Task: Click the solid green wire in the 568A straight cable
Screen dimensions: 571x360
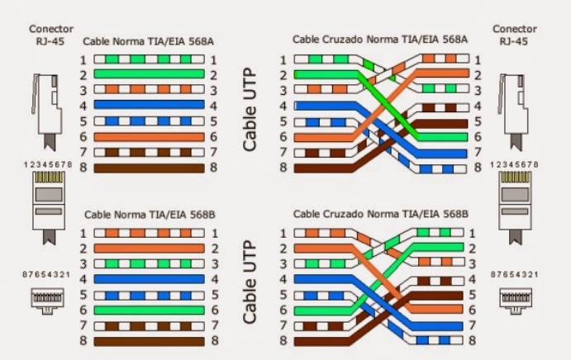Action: tap(149, 73)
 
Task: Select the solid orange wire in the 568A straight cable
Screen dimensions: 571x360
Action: tap(149, 137)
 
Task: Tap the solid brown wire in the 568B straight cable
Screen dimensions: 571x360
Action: tap(149, 342)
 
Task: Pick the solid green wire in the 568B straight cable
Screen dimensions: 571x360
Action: tap(149, 310)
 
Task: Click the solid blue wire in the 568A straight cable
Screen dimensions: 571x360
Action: tap(149, 105)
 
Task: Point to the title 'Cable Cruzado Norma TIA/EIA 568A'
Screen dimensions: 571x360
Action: tap(380, 40)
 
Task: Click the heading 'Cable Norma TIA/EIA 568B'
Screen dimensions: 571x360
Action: tap(150, 215)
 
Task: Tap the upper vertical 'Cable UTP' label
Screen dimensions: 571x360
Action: tap(250, 109)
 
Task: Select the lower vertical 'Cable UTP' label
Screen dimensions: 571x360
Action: tap(250, 282)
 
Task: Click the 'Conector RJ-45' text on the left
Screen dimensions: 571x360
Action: tap(51, 35)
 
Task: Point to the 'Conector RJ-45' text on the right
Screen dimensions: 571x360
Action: tap(514, 35)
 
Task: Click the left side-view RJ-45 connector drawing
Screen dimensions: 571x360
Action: tap(47, 111)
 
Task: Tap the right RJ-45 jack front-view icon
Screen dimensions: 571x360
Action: tap(516, 301)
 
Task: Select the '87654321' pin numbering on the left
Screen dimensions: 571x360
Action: tap(46, 274)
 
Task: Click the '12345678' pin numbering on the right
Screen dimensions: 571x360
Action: tap(514, 164)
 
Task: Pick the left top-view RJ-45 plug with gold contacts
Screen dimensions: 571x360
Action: tap(49, 208)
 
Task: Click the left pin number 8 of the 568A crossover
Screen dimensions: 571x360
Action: tap(283, 168)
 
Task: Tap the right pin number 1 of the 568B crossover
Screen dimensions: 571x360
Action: tap(473, 233)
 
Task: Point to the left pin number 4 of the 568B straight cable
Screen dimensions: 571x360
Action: tap(83, 279)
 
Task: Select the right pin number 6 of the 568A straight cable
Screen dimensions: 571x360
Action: tap(213, 137)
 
